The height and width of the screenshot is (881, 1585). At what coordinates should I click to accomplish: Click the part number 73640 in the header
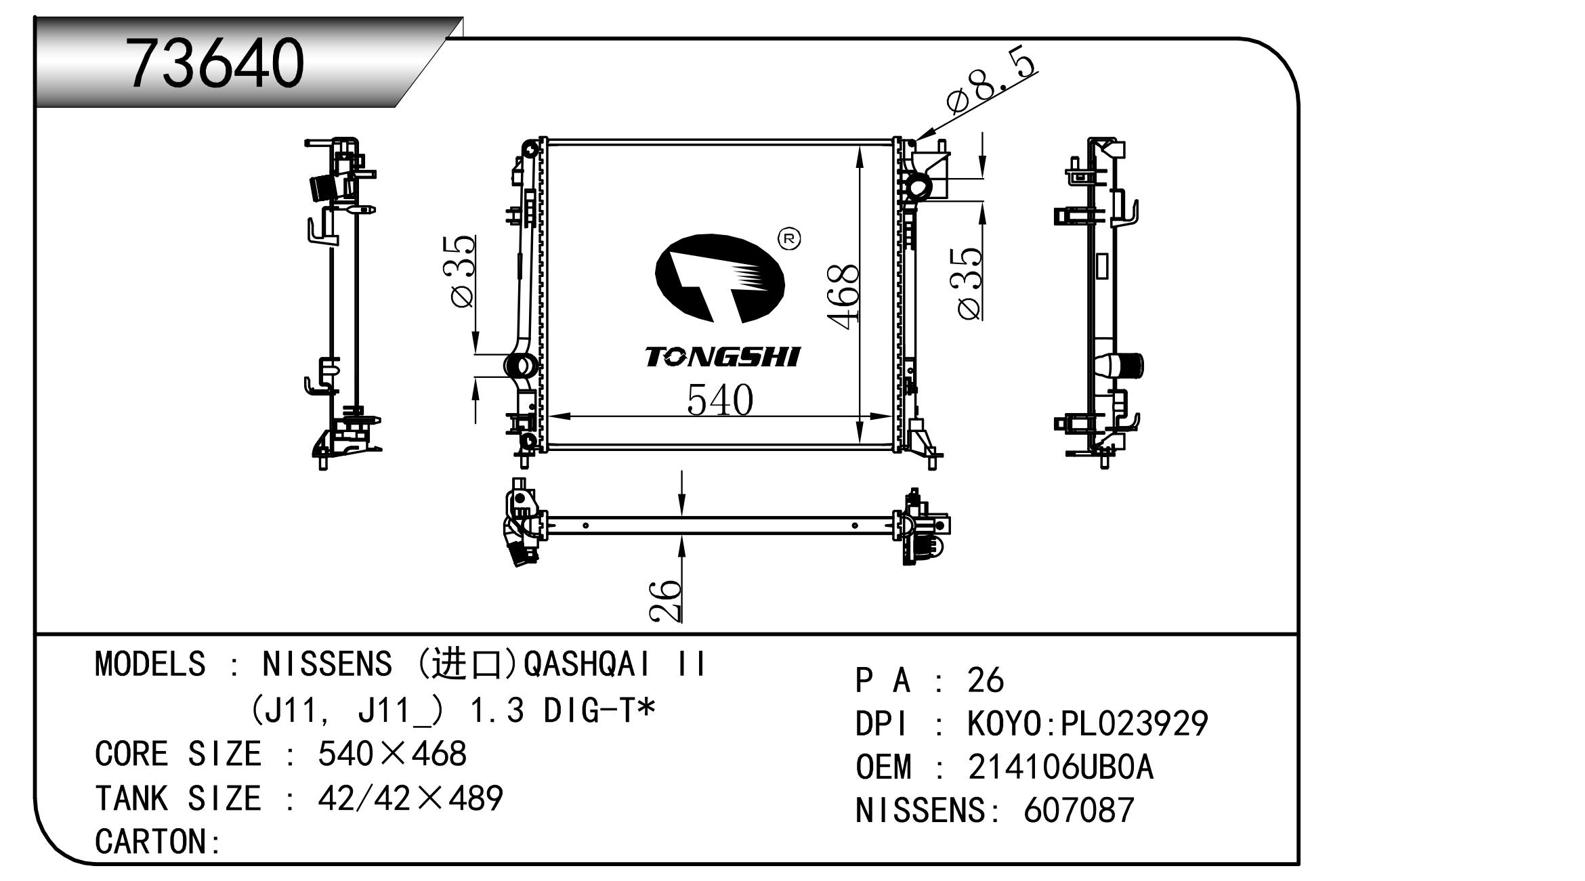[216, 62]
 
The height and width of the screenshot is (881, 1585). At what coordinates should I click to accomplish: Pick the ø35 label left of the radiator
[463, 272]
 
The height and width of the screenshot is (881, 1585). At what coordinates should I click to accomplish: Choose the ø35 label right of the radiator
[969, 282]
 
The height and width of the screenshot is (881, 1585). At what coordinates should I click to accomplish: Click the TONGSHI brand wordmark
[722, 357]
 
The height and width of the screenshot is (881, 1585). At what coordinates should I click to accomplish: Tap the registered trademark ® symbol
[789, 239]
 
